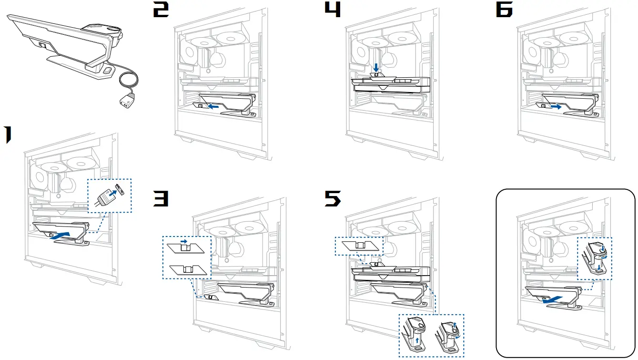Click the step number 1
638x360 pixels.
9,135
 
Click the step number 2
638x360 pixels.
161,10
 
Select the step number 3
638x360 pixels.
161,199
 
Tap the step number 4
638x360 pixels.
332,10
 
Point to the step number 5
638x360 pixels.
333,199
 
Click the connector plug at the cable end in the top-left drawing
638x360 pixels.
126,102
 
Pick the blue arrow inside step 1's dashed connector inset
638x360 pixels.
111,194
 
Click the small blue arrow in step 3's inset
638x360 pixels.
183,242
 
